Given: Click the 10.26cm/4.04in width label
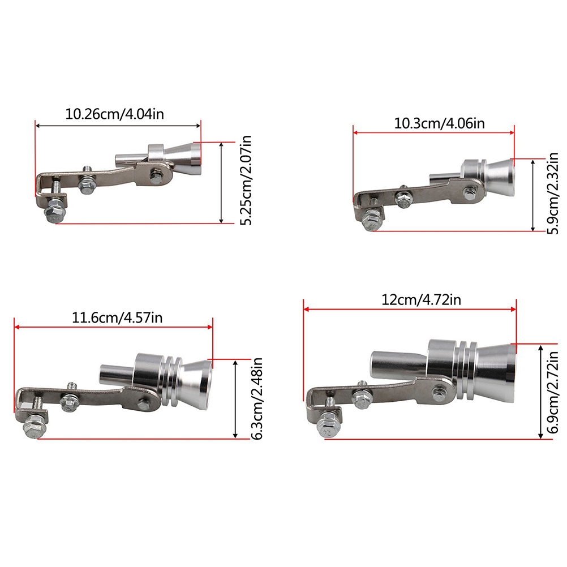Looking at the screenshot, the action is pos(114,114).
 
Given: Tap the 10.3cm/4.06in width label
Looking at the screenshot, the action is pos(439,123).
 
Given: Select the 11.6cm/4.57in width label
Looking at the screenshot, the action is pos(117,317).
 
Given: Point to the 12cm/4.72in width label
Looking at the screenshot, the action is pos(421,300).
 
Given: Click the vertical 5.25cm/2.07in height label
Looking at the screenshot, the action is pos(246,180).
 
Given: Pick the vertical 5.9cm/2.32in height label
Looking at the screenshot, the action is pos(553,194).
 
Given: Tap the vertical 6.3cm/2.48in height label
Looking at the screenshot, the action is pos(257,398).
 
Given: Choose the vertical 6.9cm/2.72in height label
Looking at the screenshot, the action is pos(553,393).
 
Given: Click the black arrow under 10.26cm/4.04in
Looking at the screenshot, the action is pos(118,126).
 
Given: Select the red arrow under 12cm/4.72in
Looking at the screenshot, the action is pos(410,309).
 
